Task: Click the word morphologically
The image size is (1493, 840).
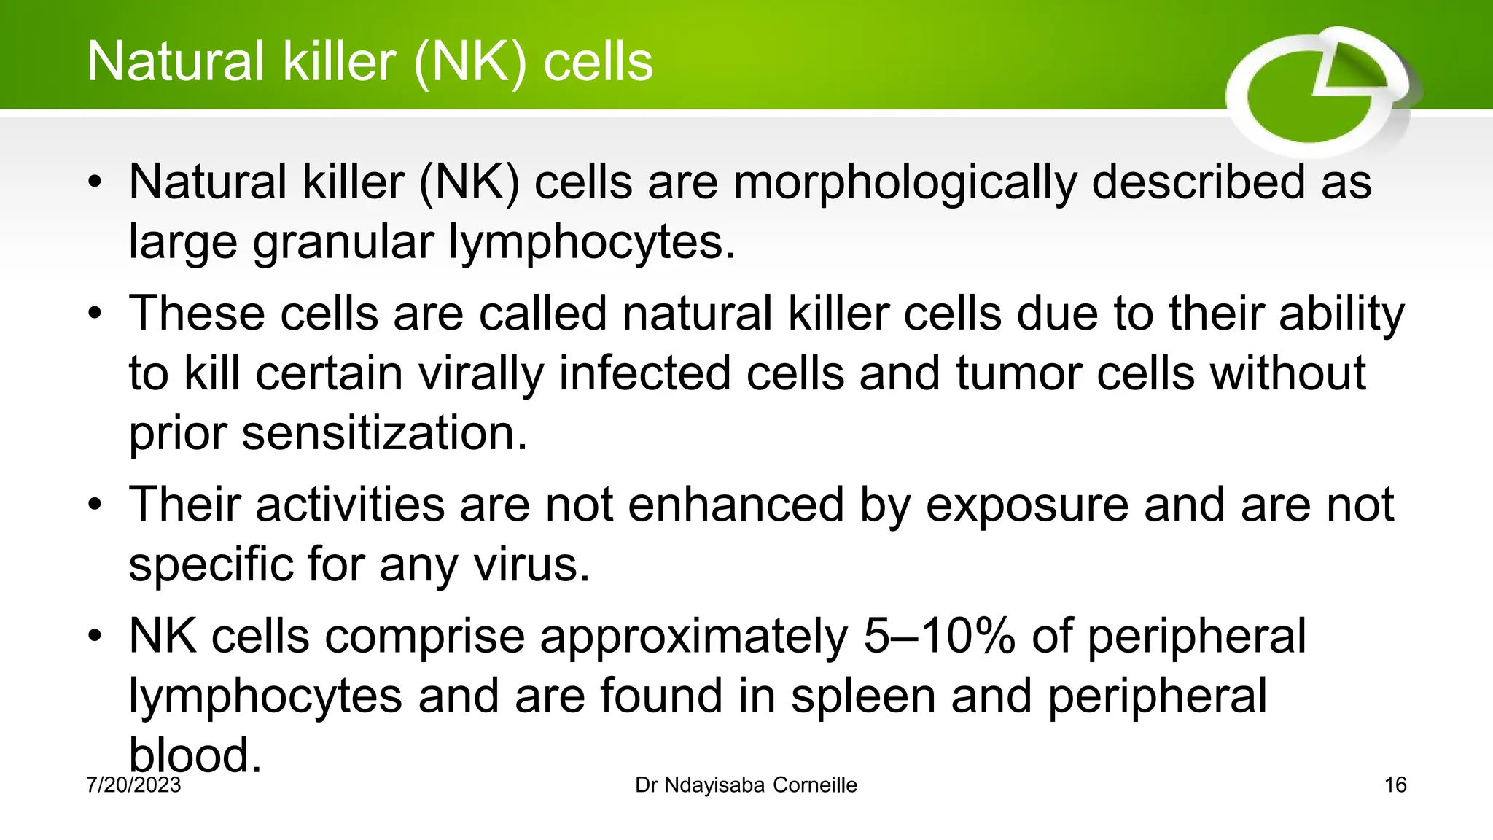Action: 904,182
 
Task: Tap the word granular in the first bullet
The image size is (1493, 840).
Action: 343,242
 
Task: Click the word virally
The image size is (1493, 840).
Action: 481,373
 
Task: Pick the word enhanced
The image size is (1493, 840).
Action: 736,505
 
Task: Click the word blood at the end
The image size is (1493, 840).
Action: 194,755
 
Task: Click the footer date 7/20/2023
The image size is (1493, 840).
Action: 133,785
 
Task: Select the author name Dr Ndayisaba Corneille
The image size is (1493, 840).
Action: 746,785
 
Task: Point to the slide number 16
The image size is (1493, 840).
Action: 1395,785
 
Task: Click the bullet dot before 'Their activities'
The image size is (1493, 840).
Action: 94,505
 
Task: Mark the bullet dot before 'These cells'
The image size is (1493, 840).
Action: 94,314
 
